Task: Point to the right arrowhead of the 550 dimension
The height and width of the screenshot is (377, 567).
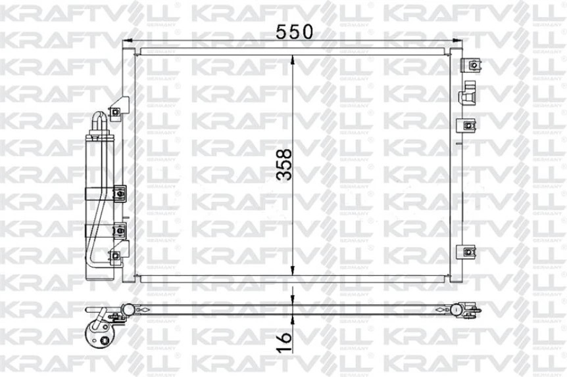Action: pyautogui.click(x=458, y=42)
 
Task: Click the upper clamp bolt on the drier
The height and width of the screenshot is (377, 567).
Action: pyautogui.click(x=119, y=194)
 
